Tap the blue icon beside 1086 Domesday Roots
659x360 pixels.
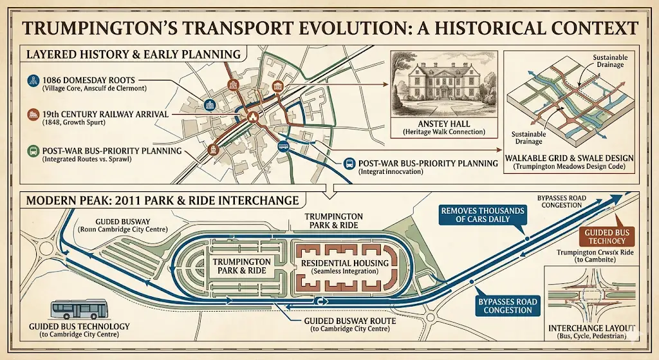tap(33, 81)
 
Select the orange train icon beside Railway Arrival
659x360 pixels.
tap(33, 114)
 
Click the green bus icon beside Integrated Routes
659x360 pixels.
tap(33, 151)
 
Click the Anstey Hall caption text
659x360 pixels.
tap(444, 127)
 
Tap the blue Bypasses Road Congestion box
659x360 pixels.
tap(505, 305)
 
